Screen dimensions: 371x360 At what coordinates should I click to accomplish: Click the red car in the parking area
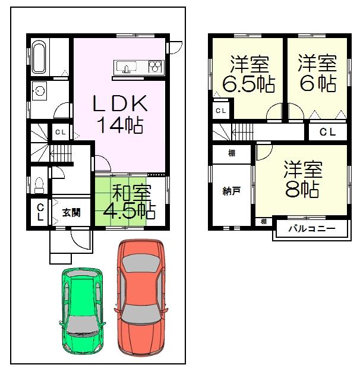click(x=140, y=296)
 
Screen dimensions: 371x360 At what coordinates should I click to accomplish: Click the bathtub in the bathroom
click(x=40, y=59)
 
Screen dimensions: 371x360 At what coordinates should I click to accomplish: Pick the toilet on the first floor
click(x=39, y=185)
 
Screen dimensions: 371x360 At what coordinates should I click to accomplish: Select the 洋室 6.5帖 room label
click(x=248, y=74)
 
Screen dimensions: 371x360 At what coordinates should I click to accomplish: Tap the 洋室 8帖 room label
click(x=302, y=179)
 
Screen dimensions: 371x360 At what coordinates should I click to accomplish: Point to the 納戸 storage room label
click(x=232, y=191)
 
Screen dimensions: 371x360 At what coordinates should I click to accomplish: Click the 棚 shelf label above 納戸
click(x=232, y=153)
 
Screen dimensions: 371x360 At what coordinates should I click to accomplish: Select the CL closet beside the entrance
click(x=40, y=211)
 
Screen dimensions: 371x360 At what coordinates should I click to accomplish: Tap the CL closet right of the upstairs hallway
click(x=327, y=132)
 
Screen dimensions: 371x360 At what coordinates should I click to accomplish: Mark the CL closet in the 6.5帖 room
click(x=220, y=111)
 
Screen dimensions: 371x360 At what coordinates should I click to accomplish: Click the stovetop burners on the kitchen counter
click(x=154, y=65)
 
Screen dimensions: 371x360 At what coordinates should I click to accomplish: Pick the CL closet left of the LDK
click(x=60, y=133)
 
